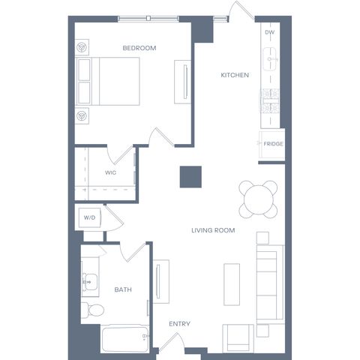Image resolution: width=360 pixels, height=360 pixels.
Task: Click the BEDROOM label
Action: pos(139,48)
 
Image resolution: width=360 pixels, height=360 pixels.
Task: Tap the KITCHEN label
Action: pos(235,75)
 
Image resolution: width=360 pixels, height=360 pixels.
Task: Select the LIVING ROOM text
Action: pos(213,230)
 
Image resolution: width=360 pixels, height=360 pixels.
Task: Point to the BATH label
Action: pos(123,289)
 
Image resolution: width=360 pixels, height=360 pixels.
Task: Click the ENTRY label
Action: pos(179,324)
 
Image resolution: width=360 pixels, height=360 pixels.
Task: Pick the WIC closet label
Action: pos(110,172)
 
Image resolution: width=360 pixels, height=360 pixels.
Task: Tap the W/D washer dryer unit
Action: pos(89,217)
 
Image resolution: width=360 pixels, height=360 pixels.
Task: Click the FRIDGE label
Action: pos(273,144)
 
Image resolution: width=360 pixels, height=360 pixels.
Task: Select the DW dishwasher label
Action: pos(269,32)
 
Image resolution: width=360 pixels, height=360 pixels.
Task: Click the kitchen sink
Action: pos(269,59)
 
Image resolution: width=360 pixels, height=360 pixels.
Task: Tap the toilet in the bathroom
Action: pos(93,310)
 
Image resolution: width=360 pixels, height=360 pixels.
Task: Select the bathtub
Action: pos(125,338)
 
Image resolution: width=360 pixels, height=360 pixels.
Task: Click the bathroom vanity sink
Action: pos(90,282)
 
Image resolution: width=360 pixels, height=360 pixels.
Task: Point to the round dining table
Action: pos(258,199)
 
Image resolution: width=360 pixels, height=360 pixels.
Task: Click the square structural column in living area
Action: pos(190,177)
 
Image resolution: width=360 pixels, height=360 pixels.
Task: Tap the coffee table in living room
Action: pos(232,284)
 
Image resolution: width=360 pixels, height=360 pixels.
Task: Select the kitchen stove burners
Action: pos(270,100)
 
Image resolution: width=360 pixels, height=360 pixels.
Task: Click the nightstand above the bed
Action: pos(82,47)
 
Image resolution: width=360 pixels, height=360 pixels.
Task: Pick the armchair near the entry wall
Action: pos(238,338)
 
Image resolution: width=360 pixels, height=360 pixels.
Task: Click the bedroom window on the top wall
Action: pos(148,18)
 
